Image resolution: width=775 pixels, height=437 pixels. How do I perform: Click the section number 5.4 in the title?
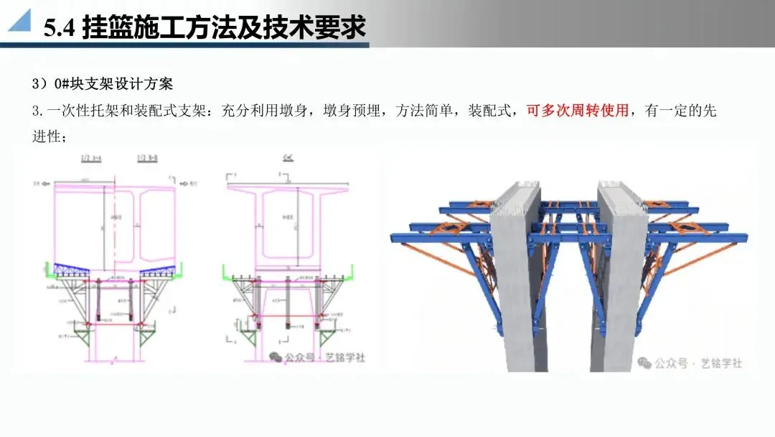click(60, 28)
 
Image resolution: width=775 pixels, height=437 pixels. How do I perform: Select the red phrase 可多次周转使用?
click(578, 111)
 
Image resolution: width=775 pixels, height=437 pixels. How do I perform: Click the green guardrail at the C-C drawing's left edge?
click(229, 272)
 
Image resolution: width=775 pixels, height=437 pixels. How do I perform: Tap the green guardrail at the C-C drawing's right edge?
click(349, 272)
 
